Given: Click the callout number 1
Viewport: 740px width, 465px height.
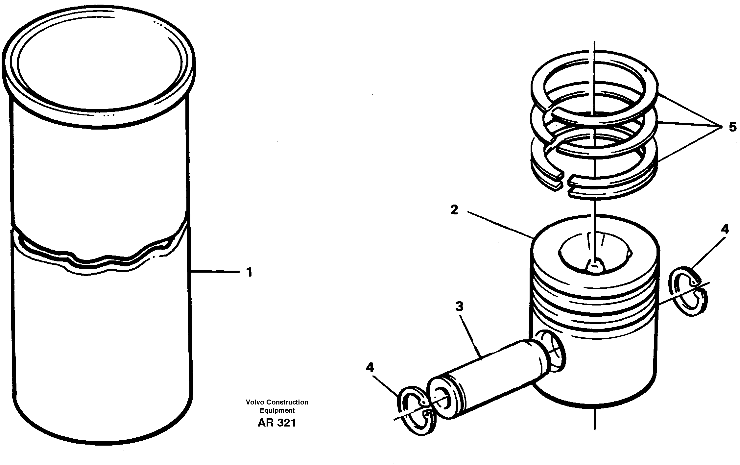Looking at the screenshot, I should (x=250, y=272).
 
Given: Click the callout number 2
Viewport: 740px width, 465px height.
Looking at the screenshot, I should (x=454, y=210).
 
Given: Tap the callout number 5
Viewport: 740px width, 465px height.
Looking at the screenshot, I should (x=733, y=127).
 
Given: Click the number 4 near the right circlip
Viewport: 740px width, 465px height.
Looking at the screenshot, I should (x=725, y=229).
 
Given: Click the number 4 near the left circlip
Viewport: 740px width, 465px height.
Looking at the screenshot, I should (x=370, y=367).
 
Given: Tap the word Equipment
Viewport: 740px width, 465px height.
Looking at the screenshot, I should (x=277, y=410).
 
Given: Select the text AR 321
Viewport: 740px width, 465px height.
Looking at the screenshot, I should (x=277, y=423).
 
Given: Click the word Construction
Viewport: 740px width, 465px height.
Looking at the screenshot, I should (x=287, y=402).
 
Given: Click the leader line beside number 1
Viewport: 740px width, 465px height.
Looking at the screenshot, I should (x=215, y=272).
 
